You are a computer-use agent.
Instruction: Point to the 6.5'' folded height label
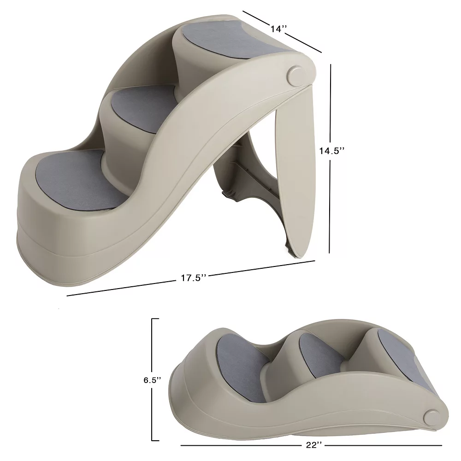pos(152,380)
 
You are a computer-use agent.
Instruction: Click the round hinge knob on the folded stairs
pos(432,418)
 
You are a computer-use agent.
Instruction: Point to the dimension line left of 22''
pos(240,445)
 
